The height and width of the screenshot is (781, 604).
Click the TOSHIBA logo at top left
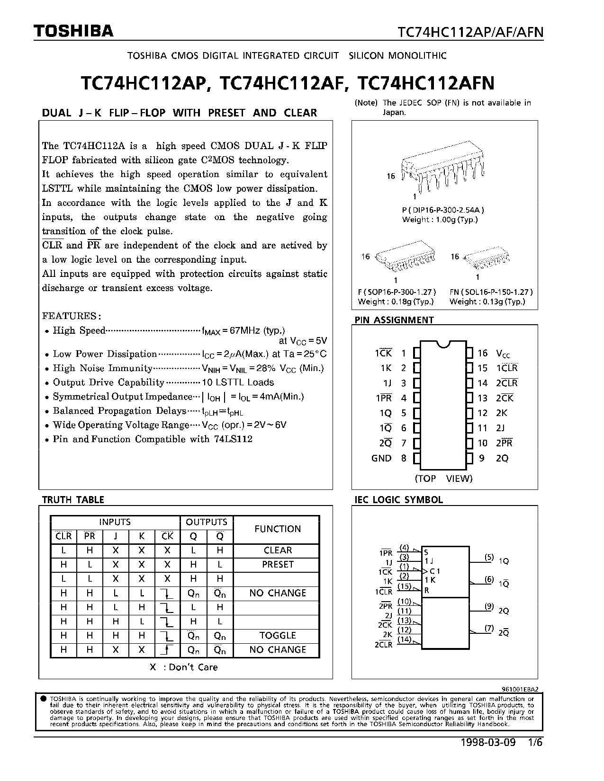click(73, 31)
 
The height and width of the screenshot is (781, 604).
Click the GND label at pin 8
click(381, 458)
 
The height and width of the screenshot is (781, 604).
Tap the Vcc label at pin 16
click(503, 354)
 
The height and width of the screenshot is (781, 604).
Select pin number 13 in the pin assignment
click(482, 398)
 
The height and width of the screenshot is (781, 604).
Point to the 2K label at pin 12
click(502, 413)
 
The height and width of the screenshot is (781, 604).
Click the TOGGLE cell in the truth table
click(278, 635)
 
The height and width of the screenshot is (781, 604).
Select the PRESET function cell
click(278, 564)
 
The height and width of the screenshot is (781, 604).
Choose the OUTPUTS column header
click(207, 522)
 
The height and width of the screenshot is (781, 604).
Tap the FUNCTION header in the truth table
click(278, 529)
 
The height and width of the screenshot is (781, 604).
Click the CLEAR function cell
click(278, 550)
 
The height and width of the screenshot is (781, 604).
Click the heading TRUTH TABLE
click(73, 499)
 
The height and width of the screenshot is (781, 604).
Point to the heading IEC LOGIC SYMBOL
click(399, 499)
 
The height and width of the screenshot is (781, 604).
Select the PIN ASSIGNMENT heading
click(394, 320)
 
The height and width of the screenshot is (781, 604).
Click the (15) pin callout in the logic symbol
click(404, 586)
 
